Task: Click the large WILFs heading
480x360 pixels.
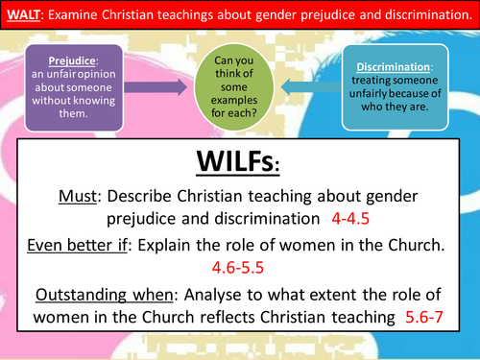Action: pos(240,159)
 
